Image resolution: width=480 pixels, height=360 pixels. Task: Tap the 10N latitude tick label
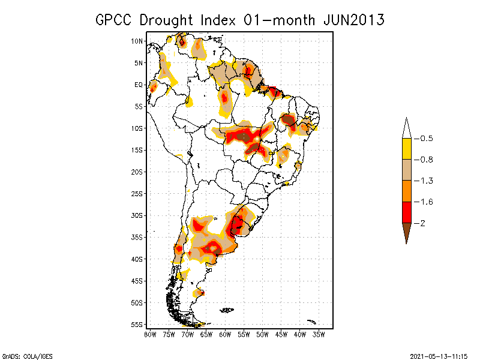137,41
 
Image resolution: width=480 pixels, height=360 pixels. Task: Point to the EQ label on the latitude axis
139,85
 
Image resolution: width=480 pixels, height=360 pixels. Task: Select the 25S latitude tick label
137,194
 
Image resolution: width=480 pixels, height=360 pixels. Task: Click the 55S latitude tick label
137,325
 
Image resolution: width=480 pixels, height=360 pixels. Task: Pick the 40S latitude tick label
137,259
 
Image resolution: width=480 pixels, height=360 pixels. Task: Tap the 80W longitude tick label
150,334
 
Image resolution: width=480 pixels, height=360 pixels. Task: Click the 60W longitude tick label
225,334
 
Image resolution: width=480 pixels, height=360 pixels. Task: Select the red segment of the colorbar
406,212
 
